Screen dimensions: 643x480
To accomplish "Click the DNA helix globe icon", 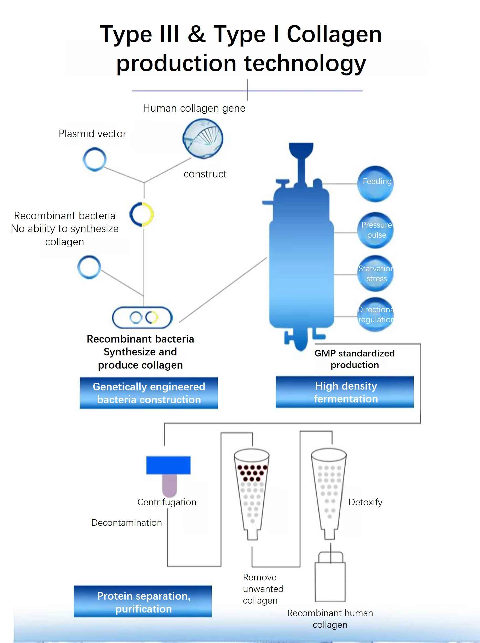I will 203,139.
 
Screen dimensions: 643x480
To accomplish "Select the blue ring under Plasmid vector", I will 94,159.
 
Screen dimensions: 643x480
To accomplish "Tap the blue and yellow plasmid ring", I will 142,215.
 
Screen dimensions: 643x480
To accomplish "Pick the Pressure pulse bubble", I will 375,230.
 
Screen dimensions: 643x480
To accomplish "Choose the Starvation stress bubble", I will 375,273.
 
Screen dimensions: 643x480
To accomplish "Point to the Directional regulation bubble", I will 375,315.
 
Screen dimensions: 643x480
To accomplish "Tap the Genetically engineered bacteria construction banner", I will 149,393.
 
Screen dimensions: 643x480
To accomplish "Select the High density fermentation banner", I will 345,392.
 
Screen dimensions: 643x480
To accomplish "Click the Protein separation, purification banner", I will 143,601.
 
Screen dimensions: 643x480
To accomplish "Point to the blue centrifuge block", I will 168,465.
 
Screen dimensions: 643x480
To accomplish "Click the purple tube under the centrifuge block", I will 169,485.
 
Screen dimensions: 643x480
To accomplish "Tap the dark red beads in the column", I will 252,473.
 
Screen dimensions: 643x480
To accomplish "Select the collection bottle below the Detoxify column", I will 330,581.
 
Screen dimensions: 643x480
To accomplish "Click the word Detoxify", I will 365,502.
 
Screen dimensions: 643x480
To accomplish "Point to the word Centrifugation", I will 167,502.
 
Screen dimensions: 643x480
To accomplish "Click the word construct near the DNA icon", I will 205,174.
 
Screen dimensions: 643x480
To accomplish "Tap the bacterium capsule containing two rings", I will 142,318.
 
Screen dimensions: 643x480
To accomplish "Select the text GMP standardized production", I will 354,359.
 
